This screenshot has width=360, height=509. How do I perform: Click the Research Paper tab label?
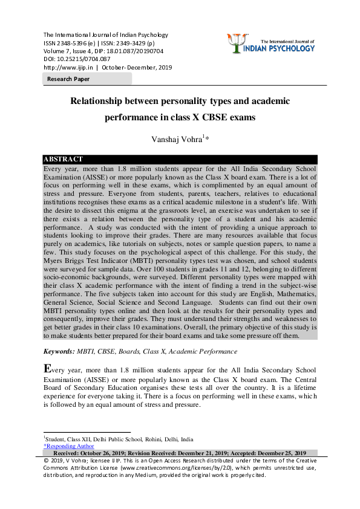point(68,79)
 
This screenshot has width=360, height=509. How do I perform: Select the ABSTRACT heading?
point(64,160)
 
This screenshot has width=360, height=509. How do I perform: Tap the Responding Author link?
point(69,446)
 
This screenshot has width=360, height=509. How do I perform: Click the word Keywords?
point(59,351)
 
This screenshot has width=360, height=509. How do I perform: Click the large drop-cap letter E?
point(48,369)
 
